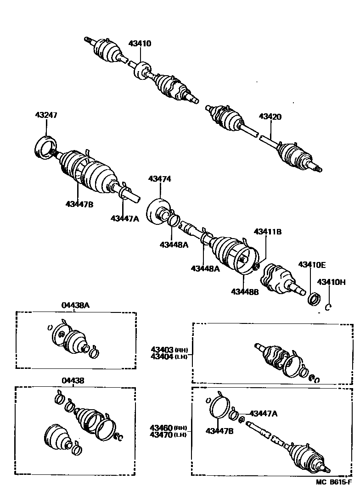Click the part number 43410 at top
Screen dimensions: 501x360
click(140, 44)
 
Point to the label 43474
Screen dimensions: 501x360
click(159, 179)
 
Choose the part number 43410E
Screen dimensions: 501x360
click(312, 265)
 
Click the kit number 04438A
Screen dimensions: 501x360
click(76, 305)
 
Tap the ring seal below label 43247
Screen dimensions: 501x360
click(45, 148)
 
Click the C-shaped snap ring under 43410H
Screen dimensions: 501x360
click(328, 307)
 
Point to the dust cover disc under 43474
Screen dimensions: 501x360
click(157, 212)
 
